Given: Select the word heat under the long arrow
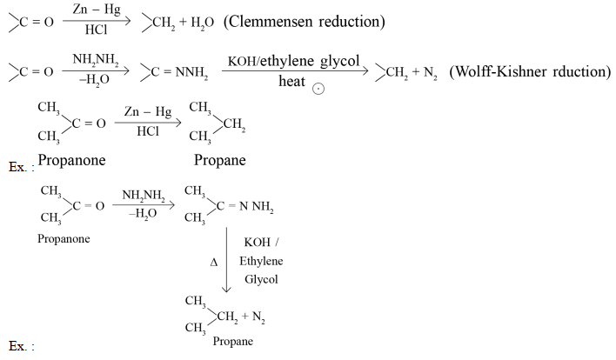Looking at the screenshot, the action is [291, 81].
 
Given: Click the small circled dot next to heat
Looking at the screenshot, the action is [318, 89].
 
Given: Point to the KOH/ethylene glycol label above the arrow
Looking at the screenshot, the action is [293, 61].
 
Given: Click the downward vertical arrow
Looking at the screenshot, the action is [226, 260].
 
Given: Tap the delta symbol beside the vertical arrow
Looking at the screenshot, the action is [214, 263].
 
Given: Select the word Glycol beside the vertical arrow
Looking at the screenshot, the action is [261, 279].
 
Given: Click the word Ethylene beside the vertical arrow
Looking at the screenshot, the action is [261, 261].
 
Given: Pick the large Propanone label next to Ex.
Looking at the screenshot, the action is [71, 160].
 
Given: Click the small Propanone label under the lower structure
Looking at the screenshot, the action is [64, 238].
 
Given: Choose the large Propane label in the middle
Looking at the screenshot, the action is [220, 160].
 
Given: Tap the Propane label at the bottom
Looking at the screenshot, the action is [233, 341].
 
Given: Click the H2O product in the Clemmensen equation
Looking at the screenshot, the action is [203, 23].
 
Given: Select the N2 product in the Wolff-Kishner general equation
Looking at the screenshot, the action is [430, 73].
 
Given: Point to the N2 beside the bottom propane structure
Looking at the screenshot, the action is [258, 317].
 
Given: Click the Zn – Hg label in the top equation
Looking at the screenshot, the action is [97, 10].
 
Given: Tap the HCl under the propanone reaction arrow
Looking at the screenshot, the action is [148, 131].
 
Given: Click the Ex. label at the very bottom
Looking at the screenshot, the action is [21, 346].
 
